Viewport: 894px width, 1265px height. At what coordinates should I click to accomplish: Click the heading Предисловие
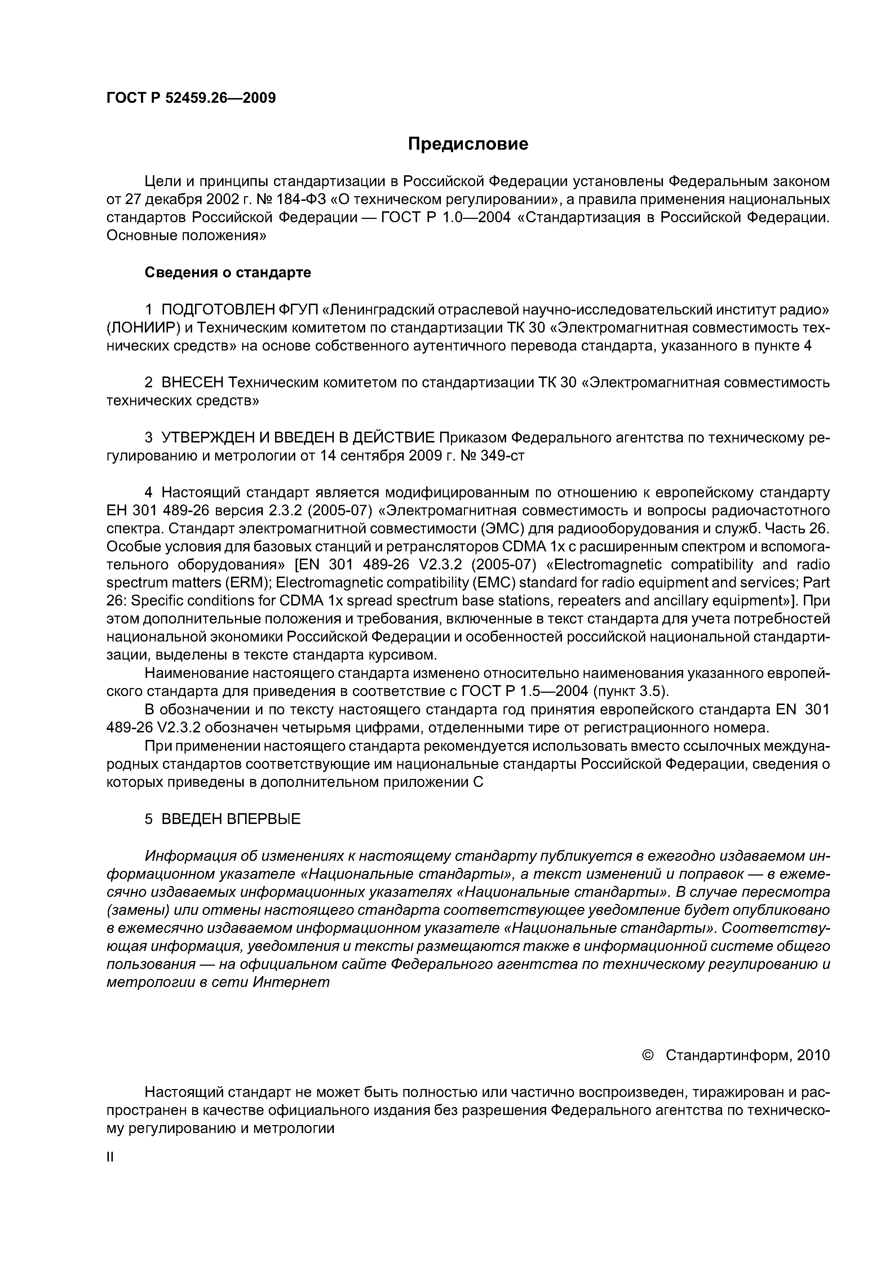tap(468, 144)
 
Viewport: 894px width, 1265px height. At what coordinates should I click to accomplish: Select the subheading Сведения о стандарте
tap(227, 272)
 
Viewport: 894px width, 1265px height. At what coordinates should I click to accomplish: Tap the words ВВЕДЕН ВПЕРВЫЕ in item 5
tap(231, 819)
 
